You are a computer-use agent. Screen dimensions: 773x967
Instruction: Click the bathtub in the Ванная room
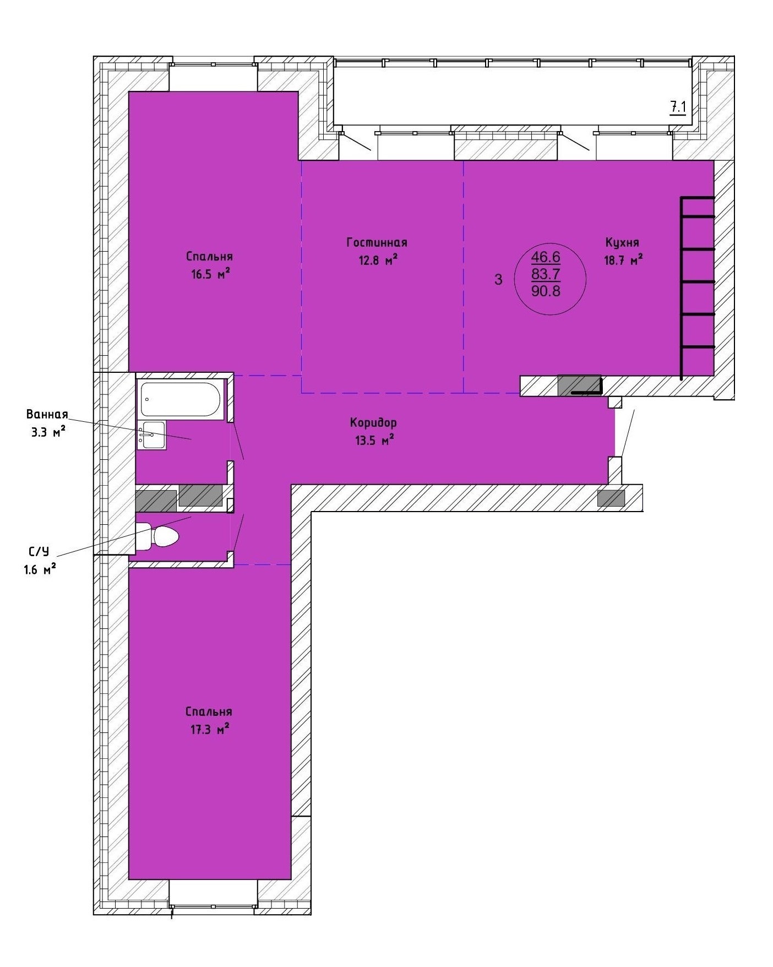(x=182, y=399)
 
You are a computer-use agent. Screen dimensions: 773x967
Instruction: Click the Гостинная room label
(x=377, y=242)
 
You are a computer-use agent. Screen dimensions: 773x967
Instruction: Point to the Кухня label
(x=622, y=242)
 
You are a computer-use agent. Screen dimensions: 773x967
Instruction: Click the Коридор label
(x=373, y=423)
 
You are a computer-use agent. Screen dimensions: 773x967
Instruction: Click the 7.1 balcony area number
(x=678, y=107)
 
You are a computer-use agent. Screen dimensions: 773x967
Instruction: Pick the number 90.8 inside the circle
(x=546, y=291)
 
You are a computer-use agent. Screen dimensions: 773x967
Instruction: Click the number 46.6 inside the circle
(x=546, y=257)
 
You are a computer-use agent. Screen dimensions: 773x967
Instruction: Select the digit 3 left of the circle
(x=498, y=280)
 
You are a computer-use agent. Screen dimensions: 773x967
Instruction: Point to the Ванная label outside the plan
(x=47, y=414)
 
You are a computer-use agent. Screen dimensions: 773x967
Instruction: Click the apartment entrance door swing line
(x=628, y=433)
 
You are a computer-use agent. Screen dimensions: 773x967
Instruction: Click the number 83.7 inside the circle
(x=546, y=274)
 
